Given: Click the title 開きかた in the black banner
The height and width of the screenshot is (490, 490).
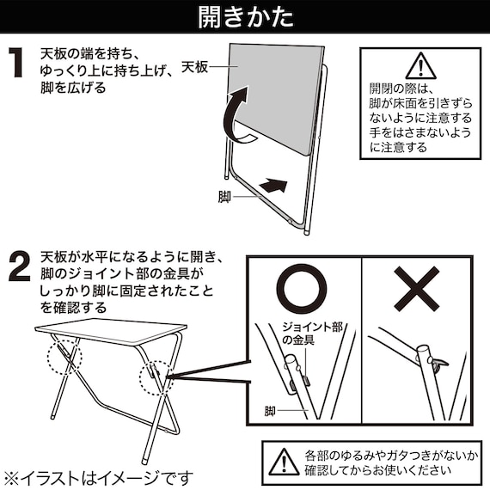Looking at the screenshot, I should pos(244,16).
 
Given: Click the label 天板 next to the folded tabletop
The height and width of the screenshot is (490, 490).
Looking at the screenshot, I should pos(195,66).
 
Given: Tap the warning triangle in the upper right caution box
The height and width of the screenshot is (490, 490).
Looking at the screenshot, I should pos(420,65).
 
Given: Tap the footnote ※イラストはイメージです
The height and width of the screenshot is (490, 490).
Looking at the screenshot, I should pos(98,476).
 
